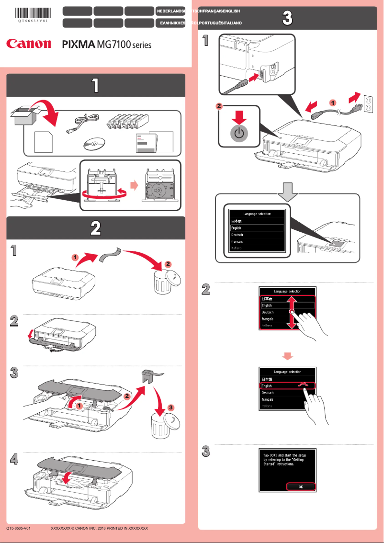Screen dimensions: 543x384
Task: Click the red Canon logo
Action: (28, 44)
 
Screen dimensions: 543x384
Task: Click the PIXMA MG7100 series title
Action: (107, 45)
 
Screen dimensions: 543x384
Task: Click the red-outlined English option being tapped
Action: (286, 385)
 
